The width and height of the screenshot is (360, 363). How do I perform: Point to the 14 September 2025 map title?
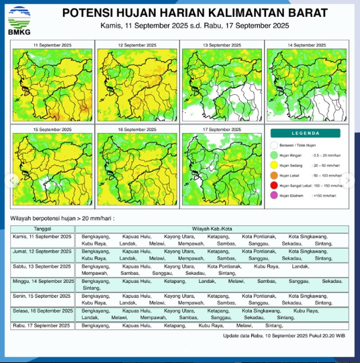point(307,45)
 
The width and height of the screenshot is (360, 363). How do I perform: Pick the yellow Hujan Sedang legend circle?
point(274,164)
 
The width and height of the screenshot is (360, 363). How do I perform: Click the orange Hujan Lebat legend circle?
point(274,174)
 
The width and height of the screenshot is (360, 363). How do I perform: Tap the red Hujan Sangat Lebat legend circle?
point(274,185)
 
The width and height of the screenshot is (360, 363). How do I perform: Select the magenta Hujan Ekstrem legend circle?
point(274,195)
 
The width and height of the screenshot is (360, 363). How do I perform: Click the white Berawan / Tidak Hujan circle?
point(274,144)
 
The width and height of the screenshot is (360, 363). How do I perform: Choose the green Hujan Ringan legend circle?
point(274,154)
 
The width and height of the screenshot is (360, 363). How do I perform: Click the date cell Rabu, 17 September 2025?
point(42,325)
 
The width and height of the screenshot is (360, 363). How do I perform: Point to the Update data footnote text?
point(284,334)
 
